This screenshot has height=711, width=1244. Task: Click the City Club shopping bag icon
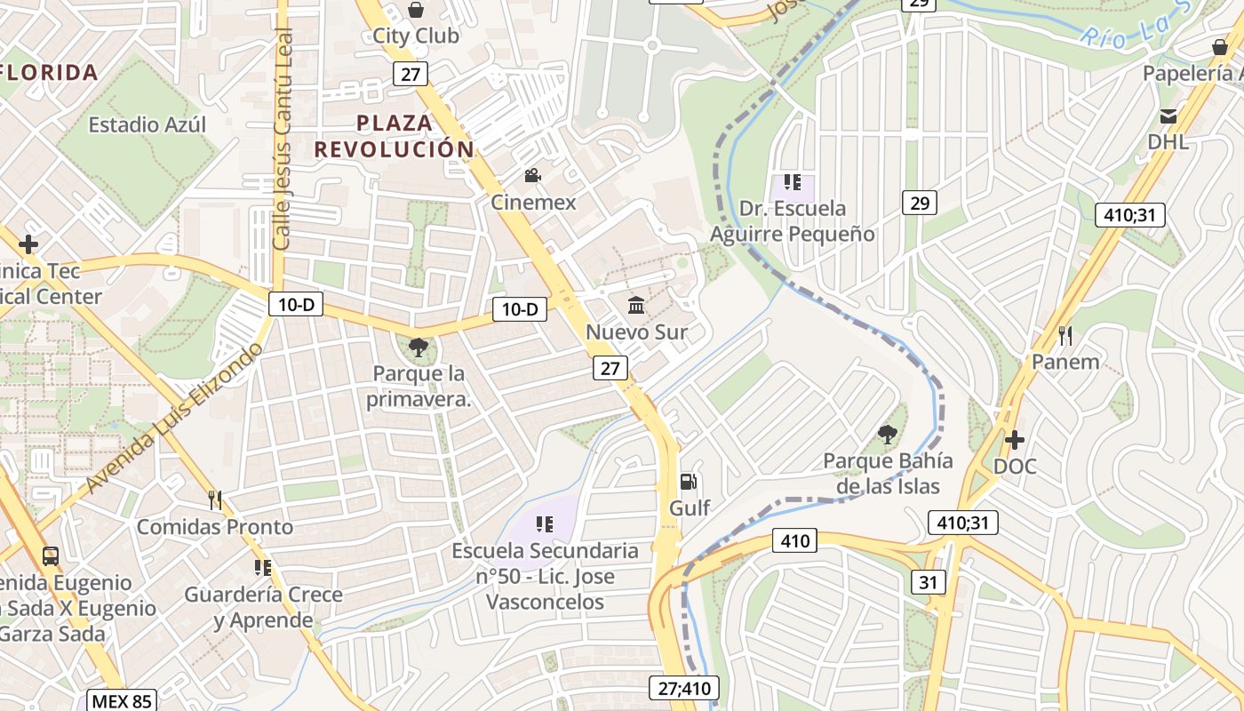click(x=415, y=11)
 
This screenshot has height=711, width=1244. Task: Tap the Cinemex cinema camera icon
click(x=532, y=176)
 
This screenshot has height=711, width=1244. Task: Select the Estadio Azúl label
click(x=147, y=125)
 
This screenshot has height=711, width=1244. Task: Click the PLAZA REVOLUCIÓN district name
click(x=394, y=136)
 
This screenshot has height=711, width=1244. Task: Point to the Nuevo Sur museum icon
click(x=636, y=306)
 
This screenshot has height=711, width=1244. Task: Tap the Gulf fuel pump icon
click(x=689, y=482)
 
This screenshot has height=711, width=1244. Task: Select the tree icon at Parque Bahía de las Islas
click(x=886, y=435)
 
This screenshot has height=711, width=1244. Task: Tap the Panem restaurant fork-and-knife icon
click(x=1065, y=336)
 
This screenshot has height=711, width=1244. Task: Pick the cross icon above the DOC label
click(x=1014, y=440)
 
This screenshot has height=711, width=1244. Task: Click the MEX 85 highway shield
click(x=122, y=700)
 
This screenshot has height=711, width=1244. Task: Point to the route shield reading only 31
click(x=928, y=582)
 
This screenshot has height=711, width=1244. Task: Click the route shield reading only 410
click(x=795, y=540)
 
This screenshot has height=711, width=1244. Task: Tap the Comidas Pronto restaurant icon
click(x=214, y=500)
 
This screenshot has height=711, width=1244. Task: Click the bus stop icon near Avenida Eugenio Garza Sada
click(x=51, y=557)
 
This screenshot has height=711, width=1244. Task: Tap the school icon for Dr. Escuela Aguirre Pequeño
click(x=792, y=183)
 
